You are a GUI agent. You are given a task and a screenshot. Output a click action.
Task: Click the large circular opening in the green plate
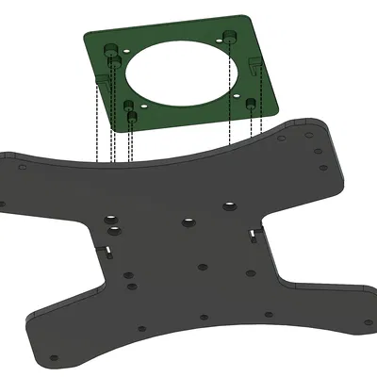179,73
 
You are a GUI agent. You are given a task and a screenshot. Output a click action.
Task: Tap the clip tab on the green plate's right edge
257,65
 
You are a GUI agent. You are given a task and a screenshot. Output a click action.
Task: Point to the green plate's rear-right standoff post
228,37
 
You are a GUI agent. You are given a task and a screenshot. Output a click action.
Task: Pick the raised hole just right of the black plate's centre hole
229,205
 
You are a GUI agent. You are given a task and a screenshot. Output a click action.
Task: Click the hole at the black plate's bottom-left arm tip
55,358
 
